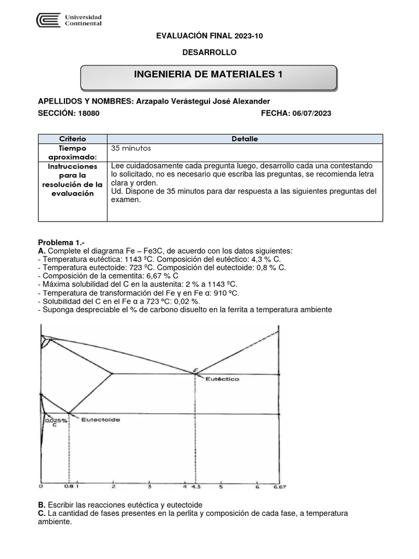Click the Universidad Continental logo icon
48,20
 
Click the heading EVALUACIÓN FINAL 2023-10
209,35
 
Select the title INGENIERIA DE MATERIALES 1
208,75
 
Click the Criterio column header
73,139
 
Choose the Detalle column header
244,139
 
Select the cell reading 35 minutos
130,148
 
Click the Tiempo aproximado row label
73,152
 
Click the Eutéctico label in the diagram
222,378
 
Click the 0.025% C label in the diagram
56,421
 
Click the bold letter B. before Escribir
41,505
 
